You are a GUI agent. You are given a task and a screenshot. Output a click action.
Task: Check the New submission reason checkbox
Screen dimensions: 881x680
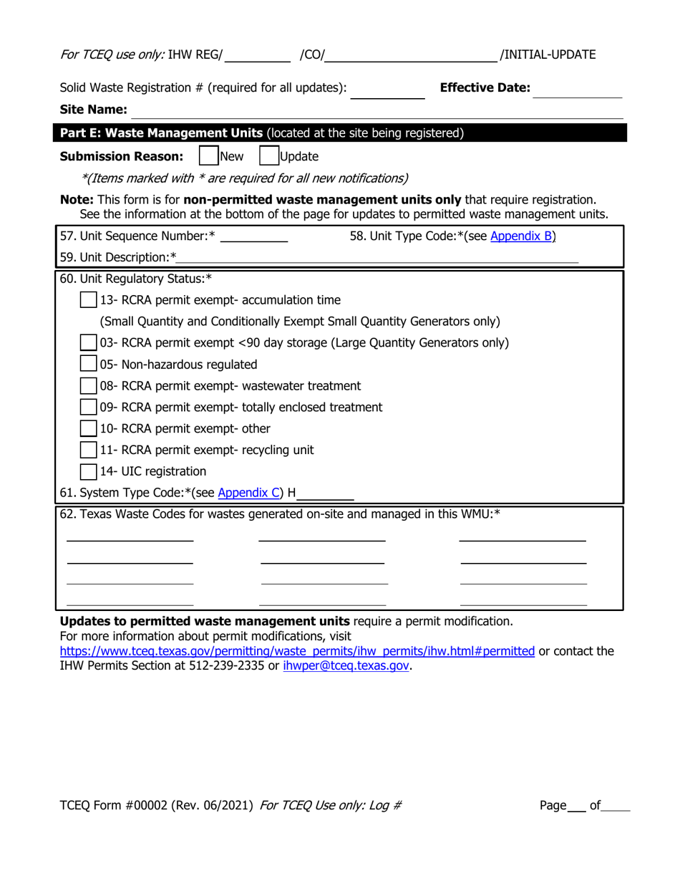pos(208,156)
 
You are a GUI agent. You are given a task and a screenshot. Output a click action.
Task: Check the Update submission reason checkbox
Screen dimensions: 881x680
pos(268,156)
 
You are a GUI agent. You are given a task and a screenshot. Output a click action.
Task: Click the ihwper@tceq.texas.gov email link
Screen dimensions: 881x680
pos(346,665)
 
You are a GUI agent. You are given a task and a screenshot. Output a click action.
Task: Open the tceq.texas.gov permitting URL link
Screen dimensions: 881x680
pos(297,651)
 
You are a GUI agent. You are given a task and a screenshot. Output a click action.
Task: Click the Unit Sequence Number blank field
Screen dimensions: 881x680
pos(255,236)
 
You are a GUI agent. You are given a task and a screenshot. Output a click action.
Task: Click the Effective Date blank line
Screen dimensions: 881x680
pos(578,90)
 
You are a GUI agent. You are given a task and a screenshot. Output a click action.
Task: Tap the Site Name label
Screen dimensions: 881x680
pos(93,110)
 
